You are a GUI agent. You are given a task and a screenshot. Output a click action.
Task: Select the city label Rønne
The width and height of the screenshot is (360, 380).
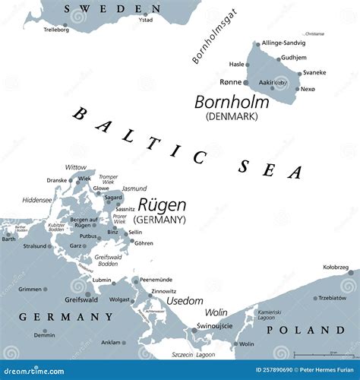pos(229,82)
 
